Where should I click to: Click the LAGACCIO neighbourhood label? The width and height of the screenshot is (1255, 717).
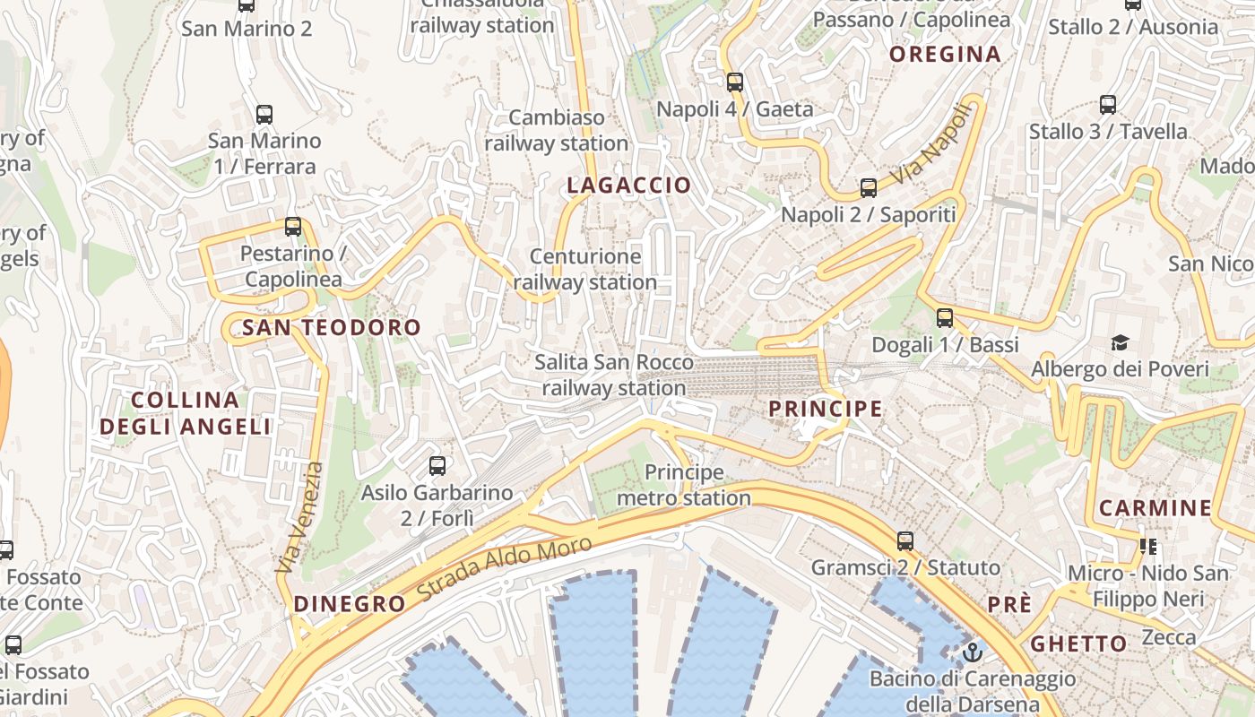pos(629,186)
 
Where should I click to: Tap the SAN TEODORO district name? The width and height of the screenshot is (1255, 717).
pos(332,328)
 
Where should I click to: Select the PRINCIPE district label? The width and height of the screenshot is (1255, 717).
pos(826,409)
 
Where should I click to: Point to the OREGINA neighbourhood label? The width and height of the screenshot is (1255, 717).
pos(945,55)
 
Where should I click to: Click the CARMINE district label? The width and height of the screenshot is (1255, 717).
pos(1155,508)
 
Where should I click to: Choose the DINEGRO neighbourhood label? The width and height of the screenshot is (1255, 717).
pos(350,604)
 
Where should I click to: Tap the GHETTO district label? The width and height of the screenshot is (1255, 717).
pos(1078,644)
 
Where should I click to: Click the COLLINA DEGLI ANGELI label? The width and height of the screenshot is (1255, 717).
pos(186,413)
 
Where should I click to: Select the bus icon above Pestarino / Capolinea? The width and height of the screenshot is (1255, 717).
pos(293,227)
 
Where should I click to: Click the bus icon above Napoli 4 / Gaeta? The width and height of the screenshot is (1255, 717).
pos(735,82)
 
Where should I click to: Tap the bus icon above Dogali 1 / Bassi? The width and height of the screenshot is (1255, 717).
pos(945,318)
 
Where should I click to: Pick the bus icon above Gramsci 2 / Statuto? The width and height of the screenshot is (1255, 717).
pos(905,541)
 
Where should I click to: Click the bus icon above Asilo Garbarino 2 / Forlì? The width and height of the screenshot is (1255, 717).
pos(437,466)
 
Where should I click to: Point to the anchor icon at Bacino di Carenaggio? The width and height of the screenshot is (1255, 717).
pos(973,652)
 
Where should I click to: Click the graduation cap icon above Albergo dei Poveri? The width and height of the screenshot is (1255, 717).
pos(1120,342)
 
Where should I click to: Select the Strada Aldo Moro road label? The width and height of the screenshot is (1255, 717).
pos(505,570)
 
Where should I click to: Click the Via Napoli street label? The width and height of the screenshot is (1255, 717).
pos(932,146)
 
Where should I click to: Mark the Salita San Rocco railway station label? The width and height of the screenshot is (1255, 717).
pos(614,376)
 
